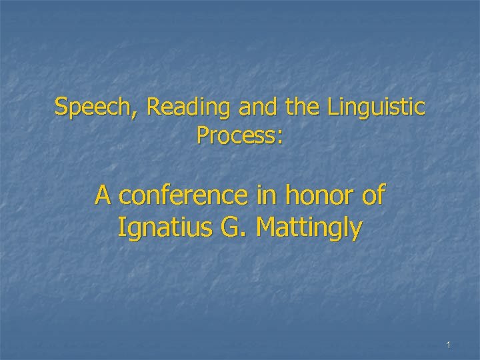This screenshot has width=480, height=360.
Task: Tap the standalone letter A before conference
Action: (103, 196)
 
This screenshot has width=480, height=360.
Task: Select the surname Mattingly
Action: (309, 229)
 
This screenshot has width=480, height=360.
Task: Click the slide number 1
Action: (449, 345)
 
